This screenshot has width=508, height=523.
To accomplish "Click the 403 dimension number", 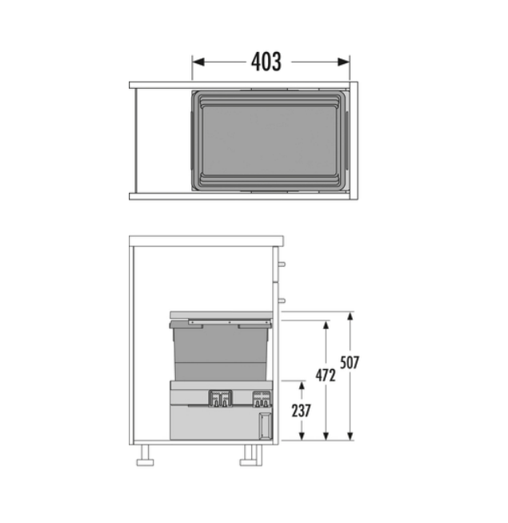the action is [266, 62].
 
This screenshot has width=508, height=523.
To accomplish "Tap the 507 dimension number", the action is [350, 363].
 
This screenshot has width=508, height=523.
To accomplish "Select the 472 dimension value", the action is [326, 376].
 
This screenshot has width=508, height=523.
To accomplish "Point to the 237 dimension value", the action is [301, 411].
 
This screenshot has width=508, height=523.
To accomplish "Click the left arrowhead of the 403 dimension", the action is [198, 62].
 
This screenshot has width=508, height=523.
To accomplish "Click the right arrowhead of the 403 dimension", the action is [343, 62].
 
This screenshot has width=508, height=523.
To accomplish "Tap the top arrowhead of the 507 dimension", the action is [350, 316].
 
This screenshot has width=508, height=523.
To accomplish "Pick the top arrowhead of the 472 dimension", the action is [326, 325].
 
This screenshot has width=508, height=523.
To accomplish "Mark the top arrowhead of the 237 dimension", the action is [302, 385].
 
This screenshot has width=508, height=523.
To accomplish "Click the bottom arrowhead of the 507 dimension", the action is [350, 436].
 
